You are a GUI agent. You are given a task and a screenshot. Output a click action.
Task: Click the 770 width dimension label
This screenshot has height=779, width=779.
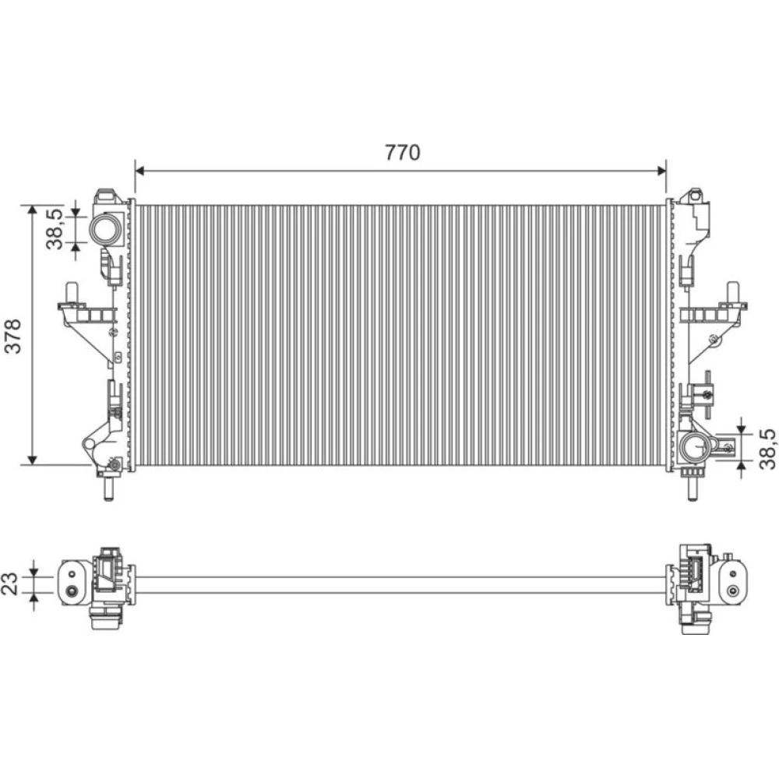tap(403, 153)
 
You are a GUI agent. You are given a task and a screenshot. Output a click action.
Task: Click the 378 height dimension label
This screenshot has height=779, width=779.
tap(13, 337)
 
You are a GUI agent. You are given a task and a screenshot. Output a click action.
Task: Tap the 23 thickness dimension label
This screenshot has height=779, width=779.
tap(10, 583)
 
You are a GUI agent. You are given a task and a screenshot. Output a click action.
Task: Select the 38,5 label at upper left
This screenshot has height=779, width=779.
tap(55, 228)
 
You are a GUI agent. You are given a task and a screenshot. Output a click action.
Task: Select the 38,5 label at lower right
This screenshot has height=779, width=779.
tap(767, 449)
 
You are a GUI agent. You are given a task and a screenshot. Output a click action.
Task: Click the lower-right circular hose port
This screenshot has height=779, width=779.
tap(695, 446)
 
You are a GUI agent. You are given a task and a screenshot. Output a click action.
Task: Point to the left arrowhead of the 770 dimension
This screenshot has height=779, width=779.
tap(139, 171)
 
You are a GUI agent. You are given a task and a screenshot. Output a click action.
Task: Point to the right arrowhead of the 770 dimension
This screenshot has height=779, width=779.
tap(661, 171)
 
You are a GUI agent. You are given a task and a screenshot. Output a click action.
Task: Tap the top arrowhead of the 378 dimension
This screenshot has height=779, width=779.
tap(32, 210)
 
